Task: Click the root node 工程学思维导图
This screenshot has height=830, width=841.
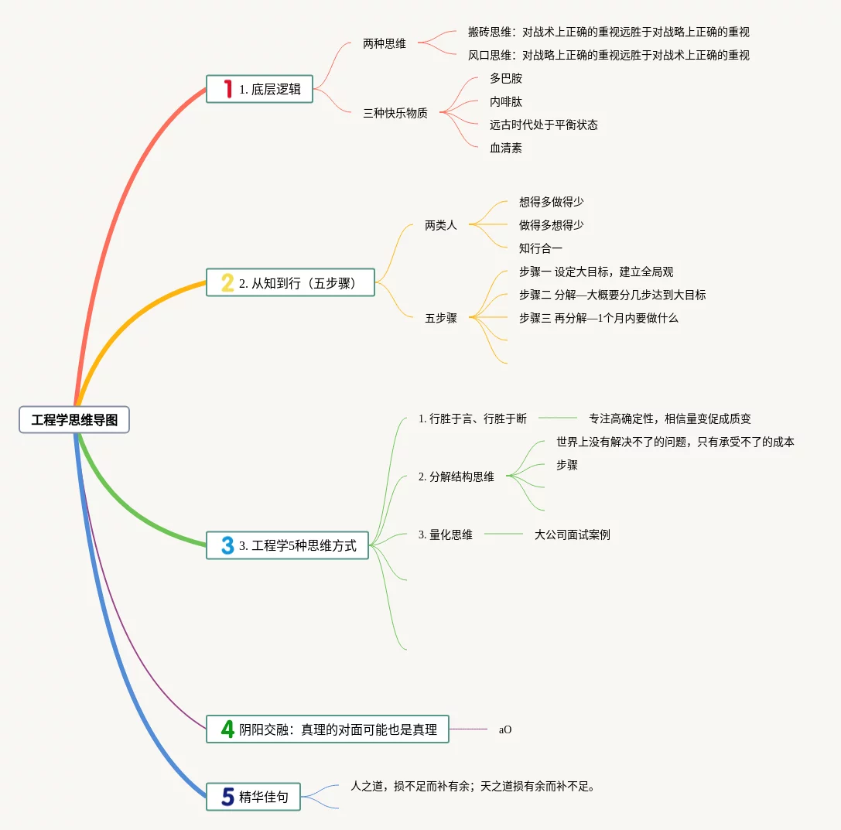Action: [74, 420]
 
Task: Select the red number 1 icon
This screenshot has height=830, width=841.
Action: [227, 89]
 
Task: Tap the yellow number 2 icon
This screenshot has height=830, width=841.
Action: [227, 282]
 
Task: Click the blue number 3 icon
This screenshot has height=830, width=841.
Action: [227, 545]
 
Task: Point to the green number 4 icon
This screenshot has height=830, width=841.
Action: [227, 729]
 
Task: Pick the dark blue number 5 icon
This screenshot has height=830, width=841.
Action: [227, 797]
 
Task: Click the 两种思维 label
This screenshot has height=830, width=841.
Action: [385, 44]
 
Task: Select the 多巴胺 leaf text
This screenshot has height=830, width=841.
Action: [506, 78]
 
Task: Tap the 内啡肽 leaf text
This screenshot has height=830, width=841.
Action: [506, 101]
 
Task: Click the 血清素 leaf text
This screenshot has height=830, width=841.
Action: [506, 148]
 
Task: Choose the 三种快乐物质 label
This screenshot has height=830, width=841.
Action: [395, 113]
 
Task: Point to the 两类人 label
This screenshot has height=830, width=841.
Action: [441, 225]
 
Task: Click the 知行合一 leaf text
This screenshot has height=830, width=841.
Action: [541, 248]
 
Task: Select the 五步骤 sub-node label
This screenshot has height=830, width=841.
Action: [441, 318]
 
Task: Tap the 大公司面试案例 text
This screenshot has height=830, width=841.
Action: [572, 535]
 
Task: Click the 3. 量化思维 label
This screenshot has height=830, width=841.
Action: [445, 535]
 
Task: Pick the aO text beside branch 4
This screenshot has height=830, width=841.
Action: [505, 729]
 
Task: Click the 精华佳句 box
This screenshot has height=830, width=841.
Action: [263, 797]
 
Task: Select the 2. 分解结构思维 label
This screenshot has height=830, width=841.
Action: [456, 476]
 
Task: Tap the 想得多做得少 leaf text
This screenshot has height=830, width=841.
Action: [551, 202]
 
